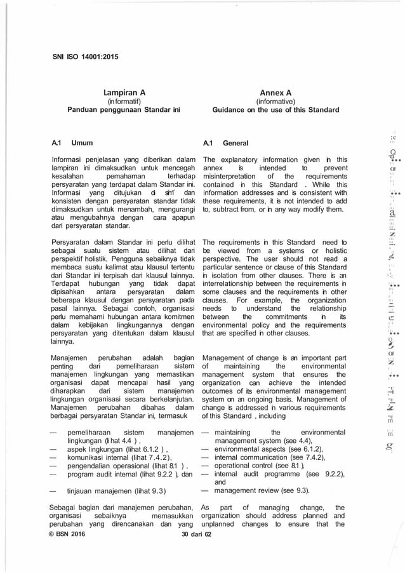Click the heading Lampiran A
[x=124, y=91]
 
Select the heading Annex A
[x=276, y=91]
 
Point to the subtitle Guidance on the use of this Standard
[x=276, y=109]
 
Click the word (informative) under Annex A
[x=276, y=100]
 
